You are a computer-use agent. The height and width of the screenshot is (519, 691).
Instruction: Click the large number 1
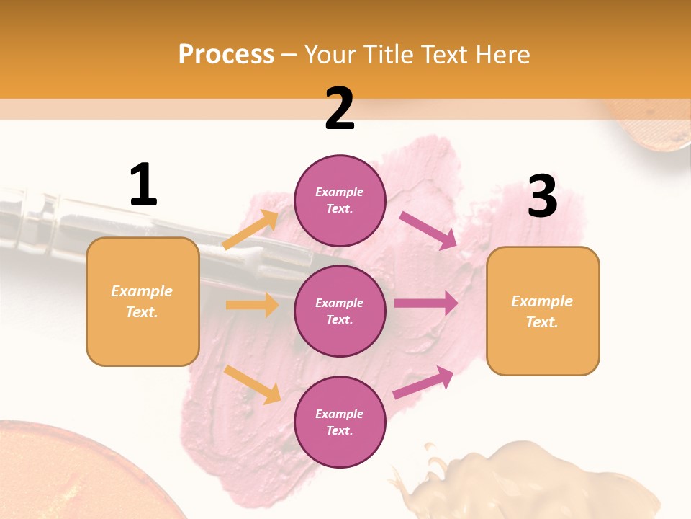143,185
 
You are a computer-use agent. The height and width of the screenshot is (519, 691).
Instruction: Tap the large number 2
340,109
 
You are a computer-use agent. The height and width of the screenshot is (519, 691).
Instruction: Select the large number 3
543,197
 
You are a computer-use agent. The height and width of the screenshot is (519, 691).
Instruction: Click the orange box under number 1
143,301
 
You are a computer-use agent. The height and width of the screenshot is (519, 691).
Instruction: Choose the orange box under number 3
543,311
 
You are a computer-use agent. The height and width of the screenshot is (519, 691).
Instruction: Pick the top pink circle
340,200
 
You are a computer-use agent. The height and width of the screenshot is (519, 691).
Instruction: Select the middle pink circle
340,311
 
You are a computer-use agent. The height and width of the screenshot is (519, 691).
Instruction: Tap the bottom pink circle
340,422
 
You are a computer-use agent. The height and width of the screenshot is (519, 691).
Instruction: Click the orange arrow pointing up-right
250,230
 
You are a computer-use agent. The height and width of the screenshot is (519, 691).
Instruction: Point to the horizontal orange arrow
252,305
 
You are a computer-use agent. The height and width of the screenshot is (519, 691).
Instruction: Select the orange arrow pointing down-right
252,384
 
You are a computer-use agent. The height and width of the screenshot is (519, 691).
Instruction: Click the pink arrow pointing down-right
428,230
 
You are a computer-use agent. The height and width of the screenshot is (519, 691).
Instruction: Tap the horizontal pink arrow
426,303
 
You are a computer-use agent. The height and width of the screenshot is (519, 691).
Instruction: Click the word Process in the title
226,54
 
